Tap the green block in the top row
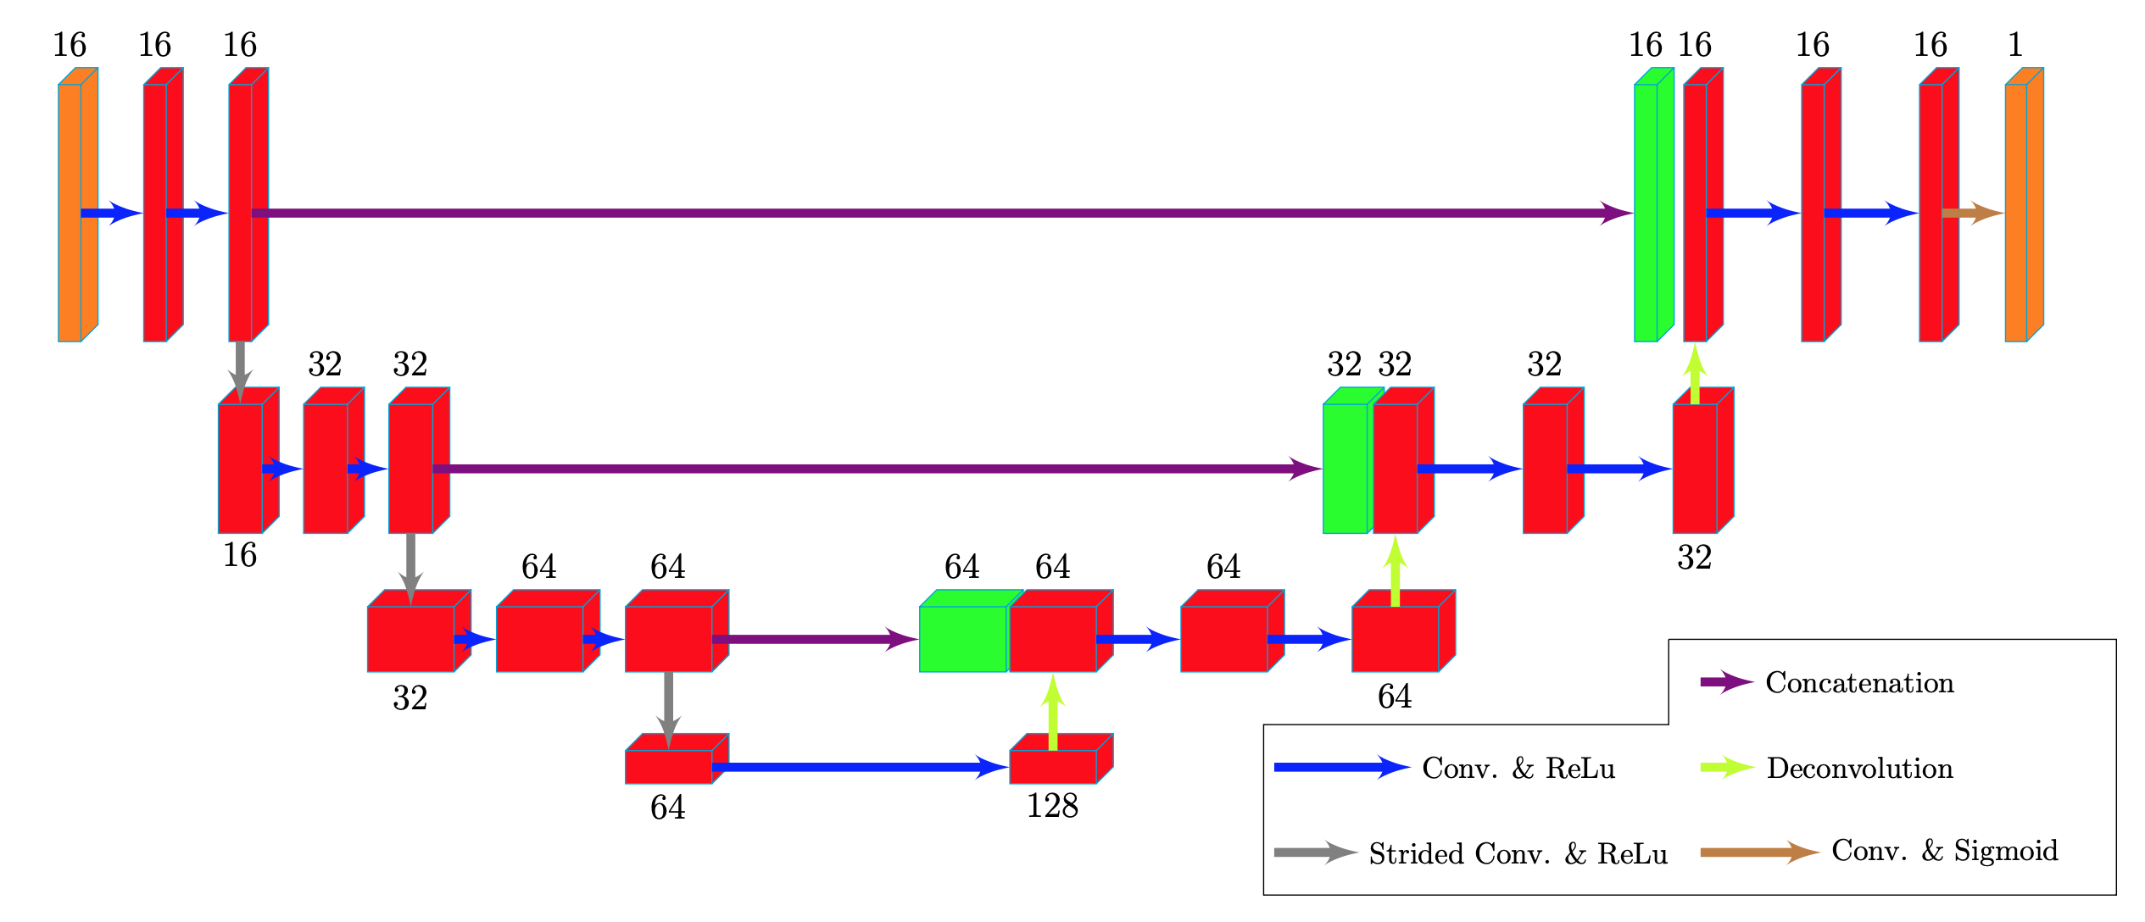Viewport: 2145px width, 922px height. [x=1648, y=212]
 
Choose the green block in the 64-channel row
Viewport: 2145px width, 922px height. [x=963, y=639]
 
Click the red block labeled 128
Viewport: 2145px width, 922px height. [x=1055, y=765]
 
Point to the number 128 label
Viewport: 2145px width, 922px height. [x=1052, y=806]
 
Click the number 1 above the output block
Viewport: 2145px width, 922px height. [x=2015, y=44]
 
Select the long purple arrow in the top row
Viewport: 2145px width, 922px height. [x=933, y=213]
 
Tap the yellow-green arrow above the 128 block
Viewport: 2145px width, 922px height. [x=1053, y=712]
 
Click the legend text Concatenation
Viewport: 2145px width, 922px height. [x=1859, y=682]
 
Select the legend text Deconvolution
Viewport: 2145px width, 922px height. [x=1859, y=768]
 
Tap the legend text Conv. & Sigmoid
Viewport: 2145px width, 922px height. [x=1944, y=850]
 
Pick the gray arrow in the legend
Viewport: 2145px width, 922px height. [x=1314, y=853]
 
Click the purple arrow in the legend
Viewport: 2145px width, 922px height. [x=1726, y=682]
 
